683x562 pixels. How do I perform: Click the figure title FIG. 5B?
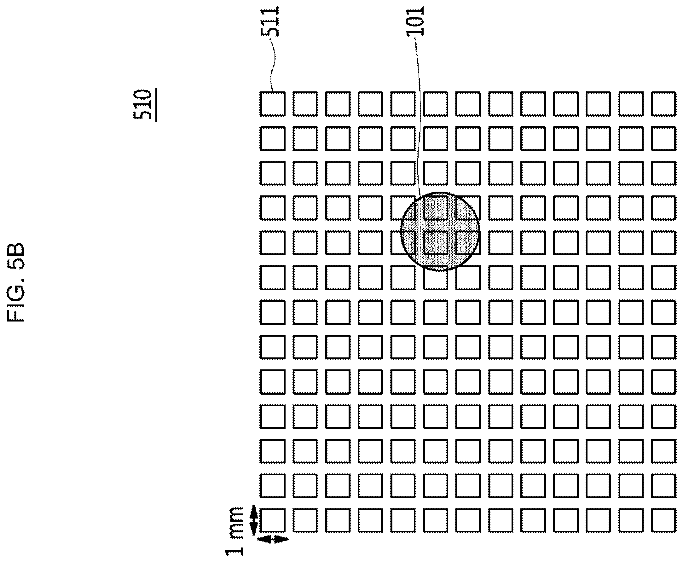(x=15, y=282)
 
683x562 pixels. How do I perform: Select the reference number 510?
(x=142, y=104)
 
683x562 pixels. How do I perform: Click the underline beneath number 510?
(x=156, y=105)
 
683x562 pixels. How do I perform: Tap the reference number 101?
(x=415, y=21)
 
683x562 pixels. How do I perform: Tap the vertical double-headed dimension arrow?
(x=254, y=520)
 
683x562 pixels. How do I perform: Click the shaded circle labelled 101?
(x=440, y=231)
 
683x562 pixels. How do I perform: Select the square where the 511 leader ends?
(x=273, y=104)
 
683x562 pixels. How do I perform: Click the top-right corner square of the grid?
(x=663, y=104)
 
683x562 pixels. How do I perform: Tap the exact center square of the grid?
(x=468, y=312)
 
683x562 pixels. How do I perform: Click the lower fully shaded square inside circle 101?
(x=436, y=242)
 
